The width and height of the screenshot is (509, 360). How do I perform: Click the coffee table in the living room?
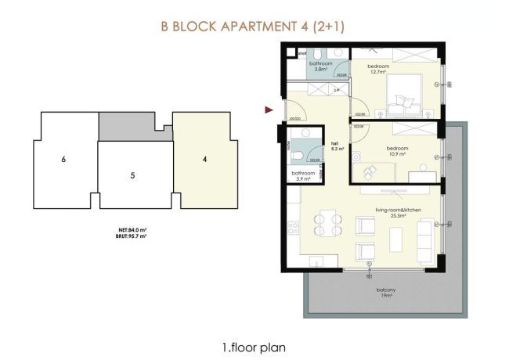click(395, 237)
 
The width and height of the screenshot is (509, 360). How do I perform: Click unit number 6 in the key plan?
click(62, 160)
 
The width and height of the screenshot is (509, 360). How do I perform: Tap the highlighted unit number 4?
click(204, 160)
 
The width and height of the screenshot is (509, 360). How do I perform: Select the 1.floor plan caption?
click(254, 344)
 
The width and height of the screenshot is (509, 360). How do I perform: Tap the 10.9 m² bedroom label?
click(397, 149)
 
